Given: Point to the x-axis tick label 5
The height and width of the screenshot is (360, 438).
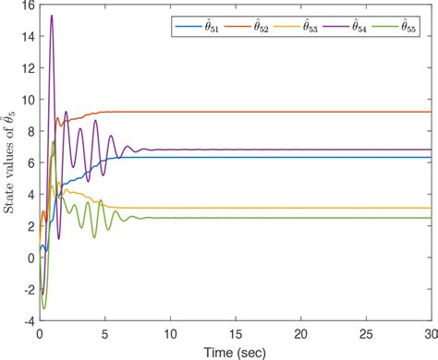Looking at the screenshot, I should tap(104, 332).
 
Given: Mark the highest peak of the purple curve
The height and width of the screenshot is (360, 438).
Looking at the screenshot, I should tap(51, 16).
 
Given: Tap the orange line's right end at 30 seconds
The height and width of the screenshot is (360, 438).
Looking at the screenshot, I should tap(431, 112).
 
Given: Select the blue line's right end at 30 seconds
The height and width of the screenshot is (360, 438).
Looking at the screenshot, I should tap(431, 157).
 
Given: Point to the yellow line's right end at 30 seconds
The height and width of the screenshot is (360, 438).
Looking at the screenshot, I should tap(431, 208).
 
